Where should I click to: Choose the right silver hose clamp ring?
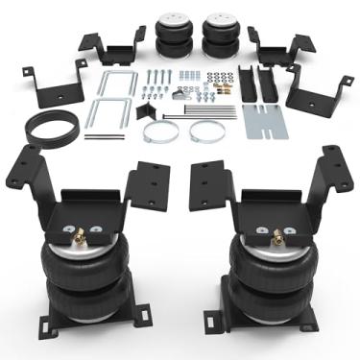coord(206,130)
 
